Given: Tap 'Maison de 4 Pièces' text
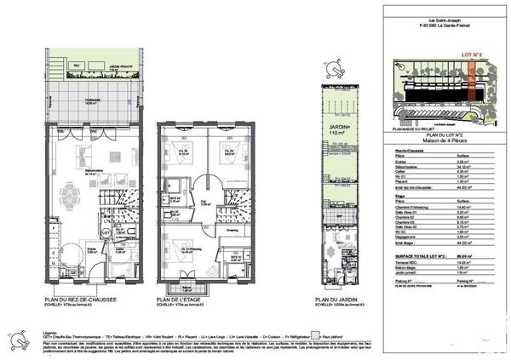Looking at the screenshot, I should [444, 141].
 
